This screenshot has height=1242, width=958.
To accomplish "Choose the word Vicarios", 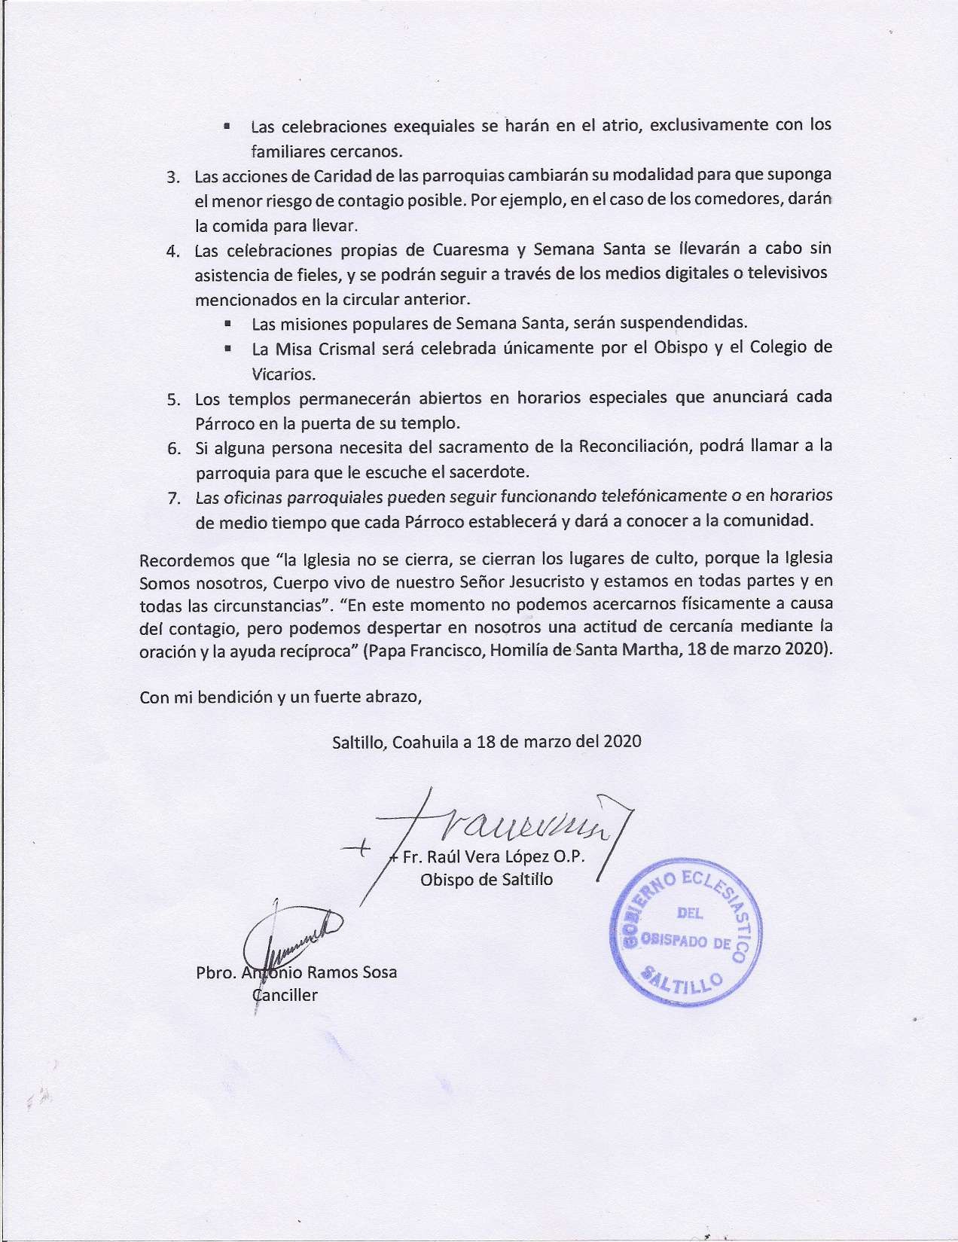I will pos(283,374).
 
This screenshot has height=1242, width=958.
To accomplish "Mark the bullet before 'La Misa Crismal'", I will pos(227,349).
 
